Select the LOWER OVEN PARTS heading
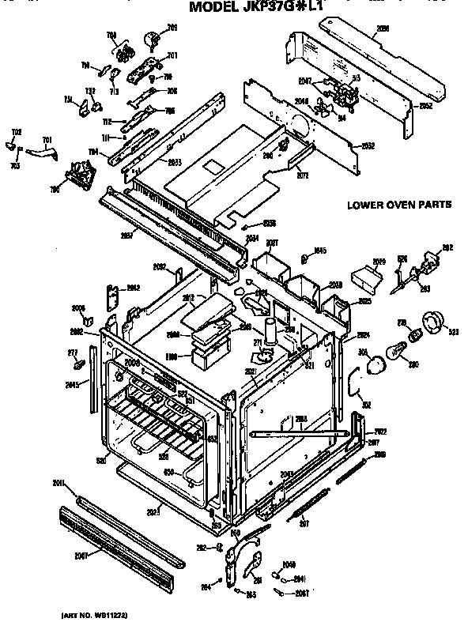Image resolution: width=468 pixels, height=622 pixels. click(399, 205)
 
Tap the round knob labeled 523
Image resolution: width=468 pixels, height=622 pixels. click(434, 323)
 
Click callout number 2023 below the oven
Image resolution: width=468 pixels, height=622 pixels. click(153, 512)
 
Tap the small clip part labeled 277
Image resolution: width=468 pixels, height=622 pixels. click(79, 365)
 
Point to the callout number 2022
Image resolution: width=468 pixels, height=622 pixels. click(379, 431)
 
